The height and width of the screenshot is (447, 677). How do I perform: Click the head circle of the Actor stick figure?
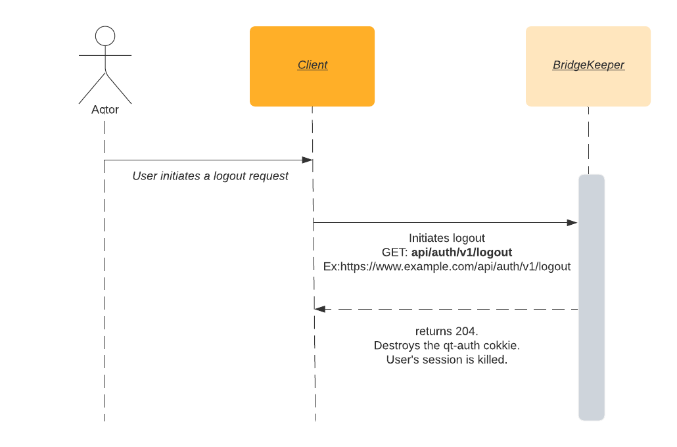(x=105, y=36)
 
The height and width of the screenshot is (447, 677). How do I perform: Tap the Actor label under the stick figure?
(x=105, y=109)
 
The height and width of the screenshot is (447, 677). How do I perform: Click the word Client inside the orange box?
(x=312, y=65)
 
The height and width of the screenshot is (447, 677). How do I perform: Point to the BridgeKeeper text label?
(x=588, y=65)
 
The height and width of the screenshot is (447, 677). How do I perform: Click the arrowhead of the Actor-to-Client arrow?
(x=307, y=160)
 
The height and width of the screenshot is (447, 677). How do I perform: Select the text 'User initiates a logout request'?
(x=210, y=176)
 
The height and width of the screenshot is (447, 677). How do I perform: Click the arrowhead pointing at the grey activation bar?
(x=572, y=223)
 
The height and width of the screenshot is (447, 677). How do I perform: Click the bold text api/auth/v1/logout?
(x=461, y=252)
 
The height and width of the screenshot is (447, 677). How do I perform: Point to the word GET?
(x=395, y=252)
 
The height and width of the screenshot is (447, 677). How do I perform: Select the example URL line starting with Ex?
(x=447, y=267)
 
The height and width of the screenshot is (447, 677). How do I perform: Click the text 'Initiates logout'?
(x=447, y=238)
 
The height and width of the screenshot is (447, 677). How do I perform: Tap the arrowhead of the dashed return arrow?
(x=320, y=309)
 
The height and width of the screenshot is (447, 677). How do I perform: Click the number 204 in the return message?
(x=465, y=331)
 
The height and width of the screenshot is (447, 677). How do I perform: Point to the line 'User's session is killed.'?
(x=447, y=360)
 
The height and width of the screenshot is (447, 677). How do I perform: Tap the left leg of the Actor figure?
(x=93, y=88)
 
